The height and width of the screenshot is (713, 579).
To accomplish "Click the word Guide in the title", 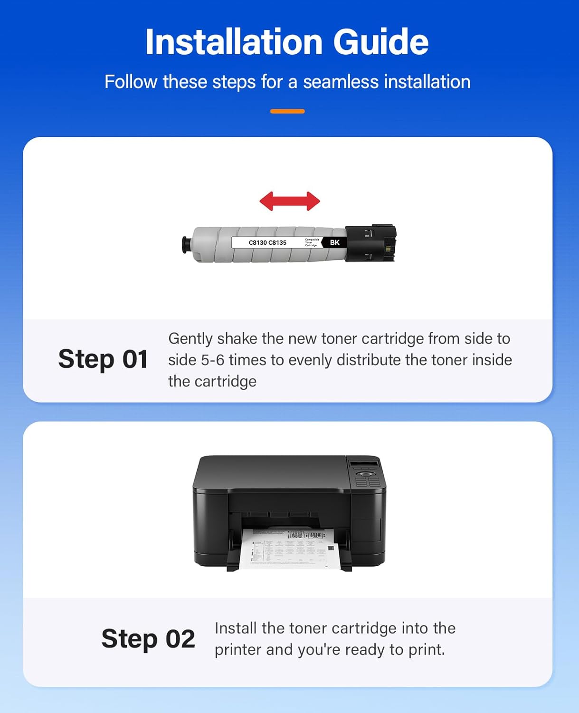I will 380,42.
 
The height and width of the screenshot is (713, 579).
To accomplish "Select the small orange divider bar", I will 287,111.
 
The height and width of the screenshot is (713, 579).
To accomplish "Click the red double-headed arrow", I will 290,201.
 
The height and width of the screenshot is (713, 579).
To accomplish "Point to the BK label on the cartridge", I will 335,242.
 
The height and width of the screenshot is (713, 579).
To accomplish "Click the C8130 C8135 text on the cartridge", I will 267,242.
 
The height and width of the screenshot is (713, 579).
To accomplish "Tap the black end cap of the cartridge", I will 370,243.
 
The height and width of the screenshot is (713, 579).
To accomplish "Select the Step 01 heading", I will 103,359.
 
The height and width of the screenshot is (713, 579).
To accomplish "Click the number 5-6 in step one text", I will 212,360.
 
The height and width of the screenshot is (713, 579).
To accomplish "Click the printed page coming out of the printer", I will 287,549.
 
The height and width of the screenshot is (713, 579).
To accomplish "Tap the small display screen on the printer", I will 363,463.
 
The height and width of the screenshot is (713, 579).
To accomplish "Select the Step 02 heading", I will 148,638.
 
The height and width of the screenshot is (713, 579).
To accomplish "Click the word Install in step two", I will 236,628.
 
